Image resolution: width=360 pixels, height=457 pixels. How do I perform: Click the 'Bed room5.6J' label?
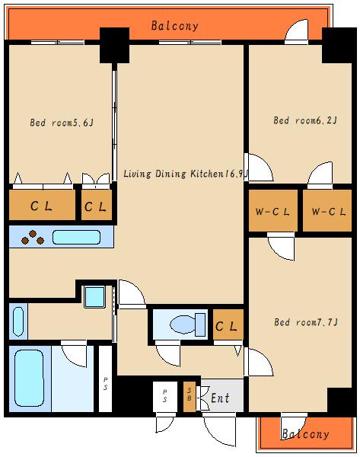(x=62, y=123)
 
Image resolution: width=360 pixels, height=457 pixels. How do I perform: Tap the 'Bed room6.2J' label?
(x=305, y=120)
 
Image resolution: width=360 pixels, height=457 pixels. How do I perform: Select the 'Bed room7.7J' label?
(x=306, y=322)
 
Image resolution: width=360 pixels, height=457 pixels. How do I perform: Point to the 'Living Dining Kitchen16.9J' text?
(x=186, y=174)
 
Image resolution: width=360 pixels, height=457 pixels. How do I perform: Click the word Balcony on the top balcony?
(x=175, y=26)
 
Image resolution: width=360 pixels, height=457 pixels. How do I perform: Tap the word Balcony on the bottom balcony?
(x=305, y=434)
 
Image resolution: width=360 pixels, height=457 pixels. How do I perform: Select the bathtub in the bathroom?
(x=29, y=378)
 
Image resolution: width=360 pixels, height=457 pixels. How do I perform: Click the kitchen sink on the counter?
(x=76, y=237)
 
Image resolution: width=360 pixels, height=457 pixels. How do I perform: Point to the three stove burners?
(x=33, y=238)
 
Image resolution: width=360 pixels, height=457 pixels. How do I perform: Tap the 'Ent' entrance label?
(x=220, y=398)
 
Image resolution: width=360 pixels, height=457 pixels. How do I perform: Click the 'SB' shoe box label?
(x=190, y=395)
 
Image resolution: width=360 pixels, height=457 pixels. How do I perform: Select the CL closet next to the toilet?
(x=228, y=324)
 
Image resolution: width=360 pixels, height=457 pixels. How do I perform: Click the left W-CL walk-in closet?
(x=273, y=211)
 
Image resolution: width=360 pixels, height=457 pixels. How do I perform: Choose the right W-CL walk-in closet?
(x=327, y=211)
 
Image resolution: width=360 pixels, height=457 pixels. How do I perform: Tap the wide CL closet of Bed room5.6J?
(x=42, y=205)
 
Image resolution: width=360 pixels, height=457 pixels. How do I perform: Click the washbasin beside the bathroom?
(x=18, y=321)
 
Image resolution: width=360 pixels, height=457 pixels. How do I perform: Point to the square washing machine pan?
(x=94, y=297)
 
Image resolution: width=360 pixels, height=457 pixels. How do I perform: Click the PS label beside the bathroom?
(x=106, y=384)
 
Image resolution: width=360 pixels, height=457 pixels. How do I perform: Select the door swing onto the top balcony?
(x=296, y=30)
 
